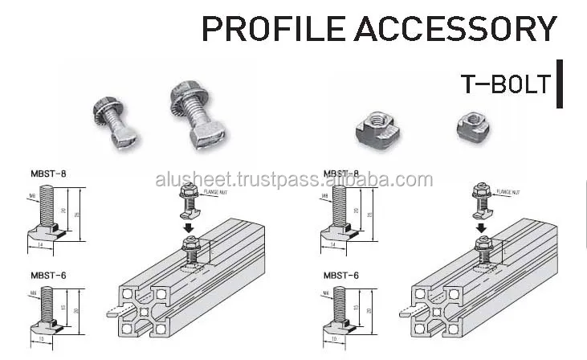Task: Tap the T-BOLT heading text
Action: tap(505, 83)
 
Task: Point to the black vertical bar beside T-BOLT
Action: tap(559, 83)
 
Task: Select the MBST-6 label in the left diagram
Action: tap(48, 276)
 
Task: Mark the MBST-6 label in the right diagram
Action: tap(341, 276)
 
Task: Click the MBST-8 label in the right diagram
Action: tap(341, 173)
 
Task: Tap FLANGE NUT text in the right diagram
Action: tap(508, 193)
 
